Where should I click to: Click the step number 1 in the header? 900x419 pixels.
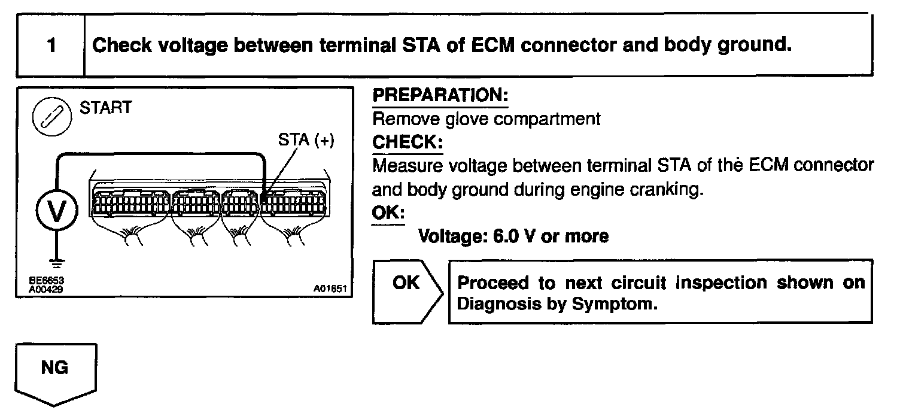tap(51, 46)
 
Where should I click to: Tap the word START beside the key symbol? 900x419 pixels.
tap(105, 109)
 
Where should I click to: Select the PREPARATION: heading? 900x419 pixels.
tap(440, 96)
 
